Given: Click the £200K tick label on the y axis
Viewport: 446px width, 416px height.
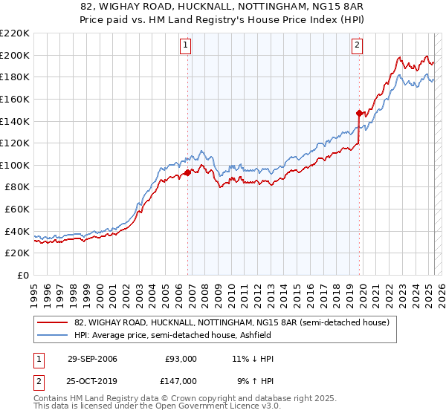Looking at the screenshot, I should point(15,55).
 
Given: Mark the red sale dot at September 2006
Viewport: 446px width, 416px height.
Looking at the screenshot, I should point(187,172).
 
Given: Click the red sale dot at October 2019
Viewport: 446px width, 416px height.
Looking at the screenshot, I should point(359,113).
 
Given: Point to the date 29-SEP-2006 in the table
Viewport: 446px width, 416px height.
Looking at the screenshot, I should point(92,359).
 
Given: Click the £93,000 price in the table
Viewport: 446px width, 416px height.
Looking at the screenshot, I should point(181,359).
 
